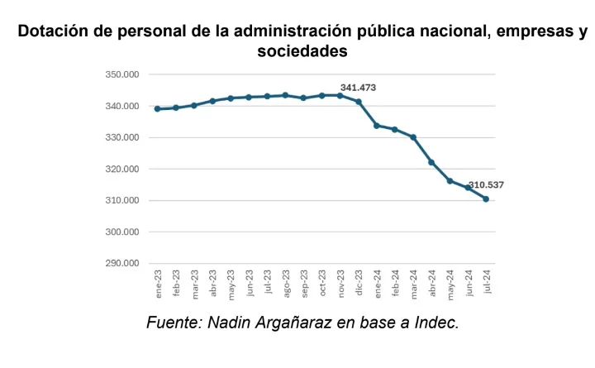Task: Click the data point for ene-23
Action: [157, 108]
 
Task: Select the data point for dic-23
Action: [359, 102]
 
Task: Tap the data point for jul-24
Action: [486, 198]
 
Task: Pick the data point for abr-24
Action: [431, 162]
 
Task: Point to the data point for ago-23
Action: [285, 95]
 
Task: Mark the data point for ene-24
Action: [377, 126]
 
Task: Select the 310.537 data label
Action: [486, 184]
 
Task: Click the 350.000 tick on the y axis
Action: [122, 75]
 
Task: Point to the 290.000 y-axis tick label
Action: [122, 264]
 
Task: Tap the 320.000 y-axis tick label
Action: [122, 170]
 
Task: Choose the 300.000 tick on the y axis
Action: [122, 232]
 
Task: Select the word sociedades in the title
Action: [301, 51]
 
